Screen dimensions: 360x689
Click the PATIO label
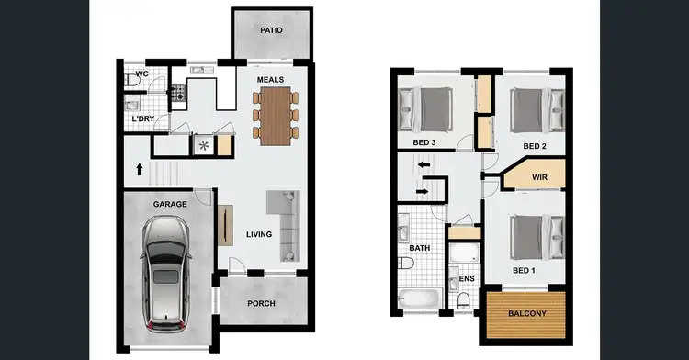pyautogui.click(x=271, y=30)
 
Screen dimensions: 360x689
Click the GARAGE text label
pyautogui.click(x=171, y=204)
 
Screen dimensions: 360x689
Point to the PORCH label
pyautogui.click(x=262, y=304)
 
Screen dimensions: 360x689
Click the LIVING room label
pyautogui.click(x=259, y=234)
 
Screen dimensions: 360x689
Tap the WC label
pyautogui.click(x=142, y=73)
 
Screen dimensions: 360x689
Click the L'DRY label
pyautogui.click(x=142, y=119)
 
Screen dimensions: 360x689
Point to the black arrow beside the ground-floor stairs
pyautogui.click(x=138, y=169)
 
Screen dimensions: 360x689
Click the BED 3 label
pyautogui.click(x=424, y=141)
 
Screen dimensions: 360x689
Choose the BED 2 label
pyautogui.click(x=535, y=146)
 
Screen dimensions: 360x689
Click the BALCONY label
pyautogui.click(x=527, y=314)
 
